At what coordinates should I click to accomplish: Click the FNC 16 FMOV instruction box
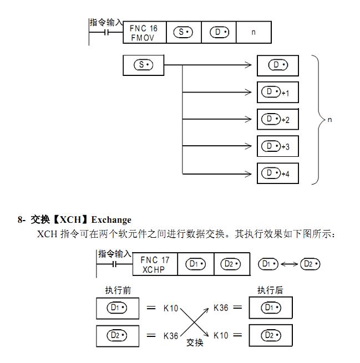point(144,32)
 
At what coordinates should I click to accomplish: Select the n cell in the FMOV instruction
point(253,32)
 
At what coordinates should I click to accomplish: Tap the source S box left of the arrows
point(143,65)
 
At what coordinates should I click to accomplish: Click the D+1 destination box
point(278,92)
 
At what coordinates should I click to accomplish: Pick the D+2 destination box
point(278,119)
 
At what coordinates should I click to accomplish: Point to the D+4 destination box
point(278,173)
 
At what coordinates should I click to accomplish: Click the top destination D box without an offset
point(278,65)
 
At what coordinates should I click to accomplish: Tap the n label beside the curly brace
point(329,119)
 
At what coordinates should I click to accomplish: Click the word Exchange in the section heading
point(111,220)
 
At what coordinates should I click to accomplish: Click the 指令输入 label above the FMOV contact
point(107,22)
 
